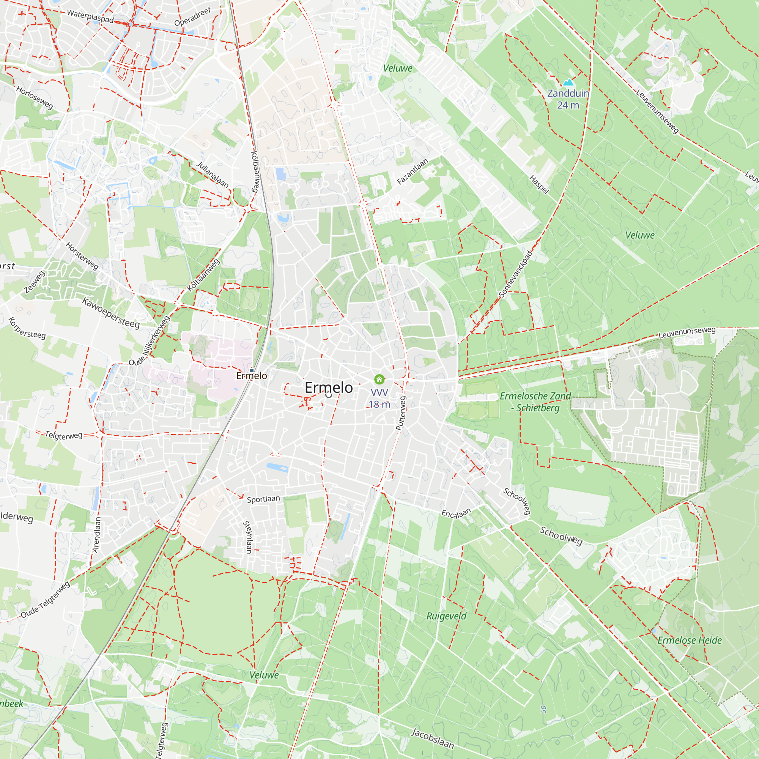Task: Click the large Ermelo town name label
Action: coord(329,388)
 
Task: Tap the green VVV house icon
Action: coord(379,379)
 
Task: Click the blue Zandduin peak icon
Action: coord(568,82)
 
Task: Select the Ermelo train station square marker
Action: coord(252,370)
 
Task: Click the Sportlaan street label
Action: coord(263,499)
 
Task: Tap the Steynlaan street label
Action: coord(248,537)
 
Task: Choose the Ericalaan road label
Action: coord(456,513)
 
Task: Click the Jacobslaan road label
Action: coord(432,738)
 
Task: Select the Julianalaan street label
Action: coord(213,174)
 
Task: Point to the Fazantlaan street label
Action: coord(412,171)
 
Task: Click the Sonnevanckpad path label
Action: coord(515,274)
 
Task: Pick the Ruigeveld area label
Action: coord(446,616)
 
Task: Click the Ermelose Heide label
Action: coord(690,640)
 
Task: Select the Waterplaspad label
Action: coord(90,16)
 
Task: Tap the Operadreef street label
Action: coord(192,16)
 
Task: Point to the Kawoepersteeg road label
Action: coord(111,313)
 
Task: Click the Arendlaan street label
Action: coord(97,534)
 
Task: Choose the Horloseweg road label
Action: coord(35,98)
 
